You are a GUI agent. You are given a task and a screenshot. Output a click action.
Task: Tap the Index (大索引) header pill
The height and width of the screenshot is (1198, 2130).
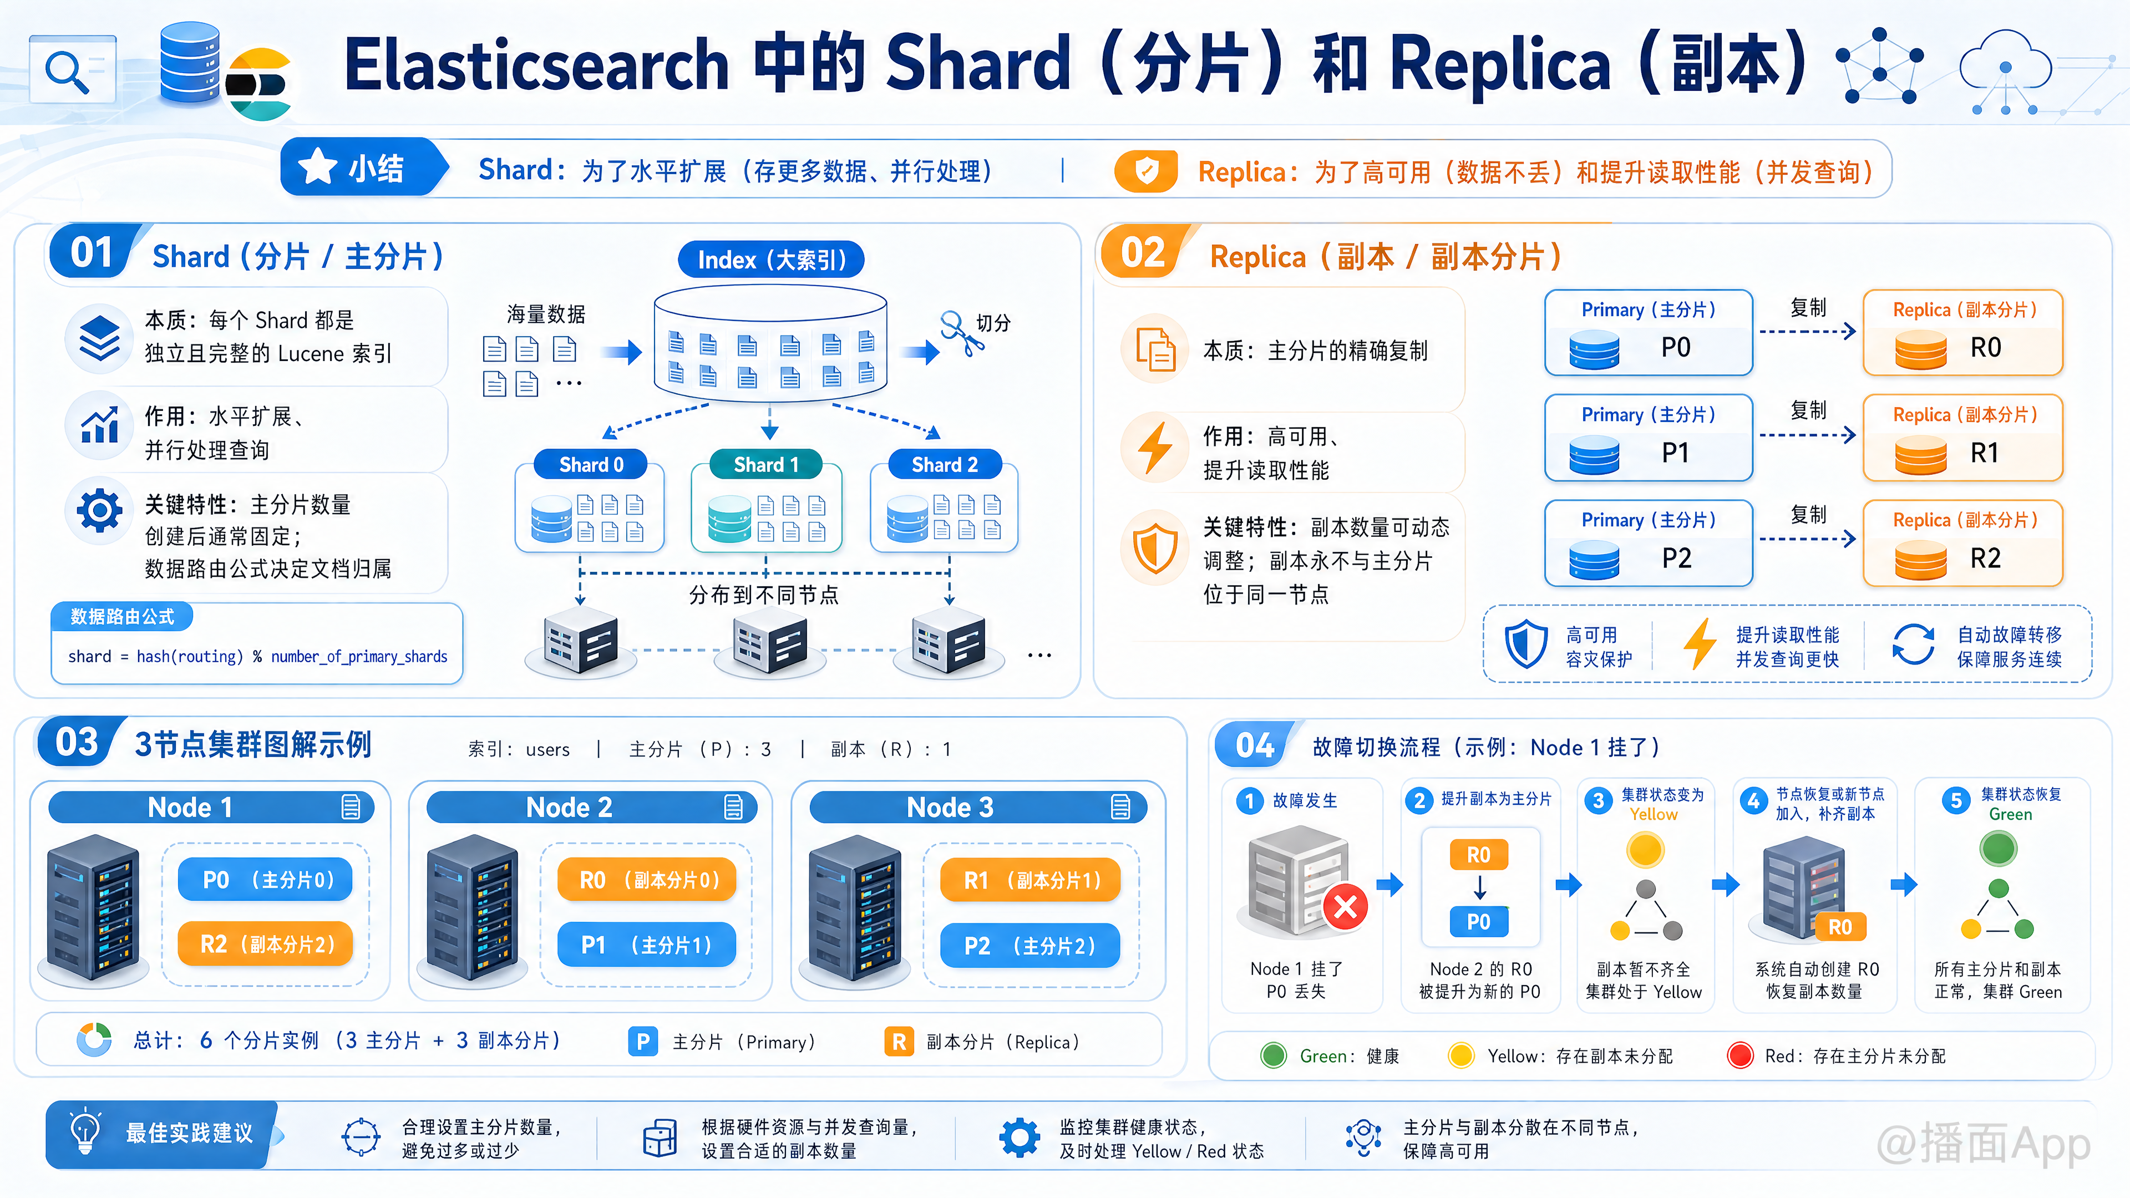(x=770, y=260)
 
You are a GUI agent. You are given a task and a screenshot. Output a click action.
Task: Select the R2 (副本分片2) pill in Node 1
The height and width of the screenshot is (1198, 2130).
(x=266, y=943)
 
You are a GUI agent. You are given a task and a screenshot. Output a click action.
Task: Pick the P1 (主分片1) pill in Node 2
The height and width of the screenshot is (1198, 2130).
(x=647, y=944)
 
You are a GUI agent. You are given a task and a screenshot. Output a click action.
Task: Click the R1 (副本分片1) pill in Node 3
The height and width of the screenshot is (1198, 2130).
(x=1030, y=880)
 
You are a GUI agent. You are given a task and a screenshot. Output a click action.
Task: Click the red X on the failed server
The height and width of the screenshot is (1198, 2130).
(x=1345, y=907)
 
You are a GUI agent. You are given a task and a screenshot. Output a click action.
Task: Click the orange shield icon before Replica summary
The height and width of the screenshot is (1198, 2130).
(x=1146, y=171)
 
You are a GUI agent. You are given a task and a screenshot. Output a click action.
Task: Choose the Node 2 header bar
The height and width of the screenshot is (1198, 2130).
(x=591, y=807)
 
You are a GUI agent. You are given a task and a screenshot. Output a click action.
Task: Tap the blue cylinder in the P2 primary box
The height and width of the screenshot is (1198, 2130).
(x=1594, y=560)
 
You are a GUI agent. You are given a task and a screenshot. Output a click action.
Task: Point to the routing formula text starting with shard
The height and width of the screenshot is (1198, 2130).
(x=257, y=657)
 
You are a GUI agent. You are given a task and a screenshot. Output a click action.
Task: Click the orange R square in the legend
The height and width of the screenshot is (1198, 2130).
(x=899, y=1041)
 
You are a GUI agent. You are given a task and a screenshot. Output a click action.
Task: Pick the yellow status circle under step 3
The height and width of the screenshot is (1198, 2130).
(x=1645, y=850)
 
